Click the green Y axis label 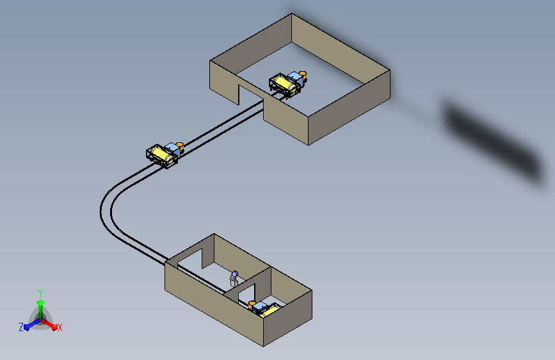click(x=40, y=293)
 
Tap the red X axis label click(x=60, y=327)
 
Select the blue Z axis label click(x=21, y=327)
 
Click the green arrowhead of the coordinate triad click(x=41, y=303)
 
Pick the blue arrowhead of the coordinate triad click(x=27, y=327)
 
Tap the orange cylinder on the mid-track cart click(x=180, y=146)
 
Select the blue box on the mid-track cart click(x=172, y=149)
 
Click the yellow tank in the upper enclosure click(x=286, y=84)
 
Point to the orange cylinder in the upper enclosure click(x=302, y=76)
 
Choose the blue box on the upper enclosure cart click(x=295, y=79)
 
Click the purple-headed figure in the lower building click(x=234, y=279)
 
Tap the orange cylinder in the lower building click(x=252, y=305)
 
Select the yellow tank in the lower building click(x=270, y=311)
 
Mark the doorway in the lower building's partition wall click(x=246, y=294)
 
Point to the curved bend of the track click(x=106, y=212)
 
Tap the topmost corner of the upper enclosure click(x=292, y=14)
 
